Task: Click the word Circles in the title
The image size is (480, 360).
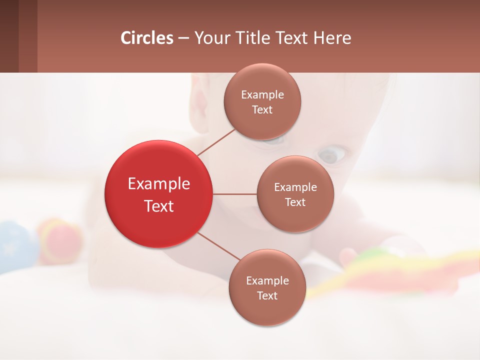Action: (x=147, y=38)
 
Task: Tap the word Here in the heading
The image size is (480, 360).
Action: (x=332, y=38)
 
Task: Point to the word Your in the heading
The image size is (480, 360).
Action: (x=210, y=38)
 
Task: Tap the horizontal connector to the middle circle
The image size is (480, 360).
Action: (x=234, y=193)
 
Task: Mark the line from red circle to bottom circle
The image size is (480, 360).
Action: (x=218, y=246)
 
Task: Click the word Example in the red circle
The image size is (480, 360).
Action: (x=158, y=184)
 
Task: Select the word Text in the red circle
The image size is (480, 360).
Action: (x=158, y=206)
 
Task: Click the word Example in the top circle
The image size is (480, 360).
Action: (x=262, y=95)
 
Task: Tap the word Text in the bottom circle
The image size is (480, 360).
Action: (x=267, y=295)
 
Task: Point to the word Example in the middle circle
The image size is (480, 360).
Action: (x=295, y=187)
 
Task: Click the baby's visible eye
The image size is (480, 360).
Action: (x=332, y=154)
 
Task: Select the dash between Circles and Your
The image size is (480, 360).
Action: (x=183, y=38)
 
